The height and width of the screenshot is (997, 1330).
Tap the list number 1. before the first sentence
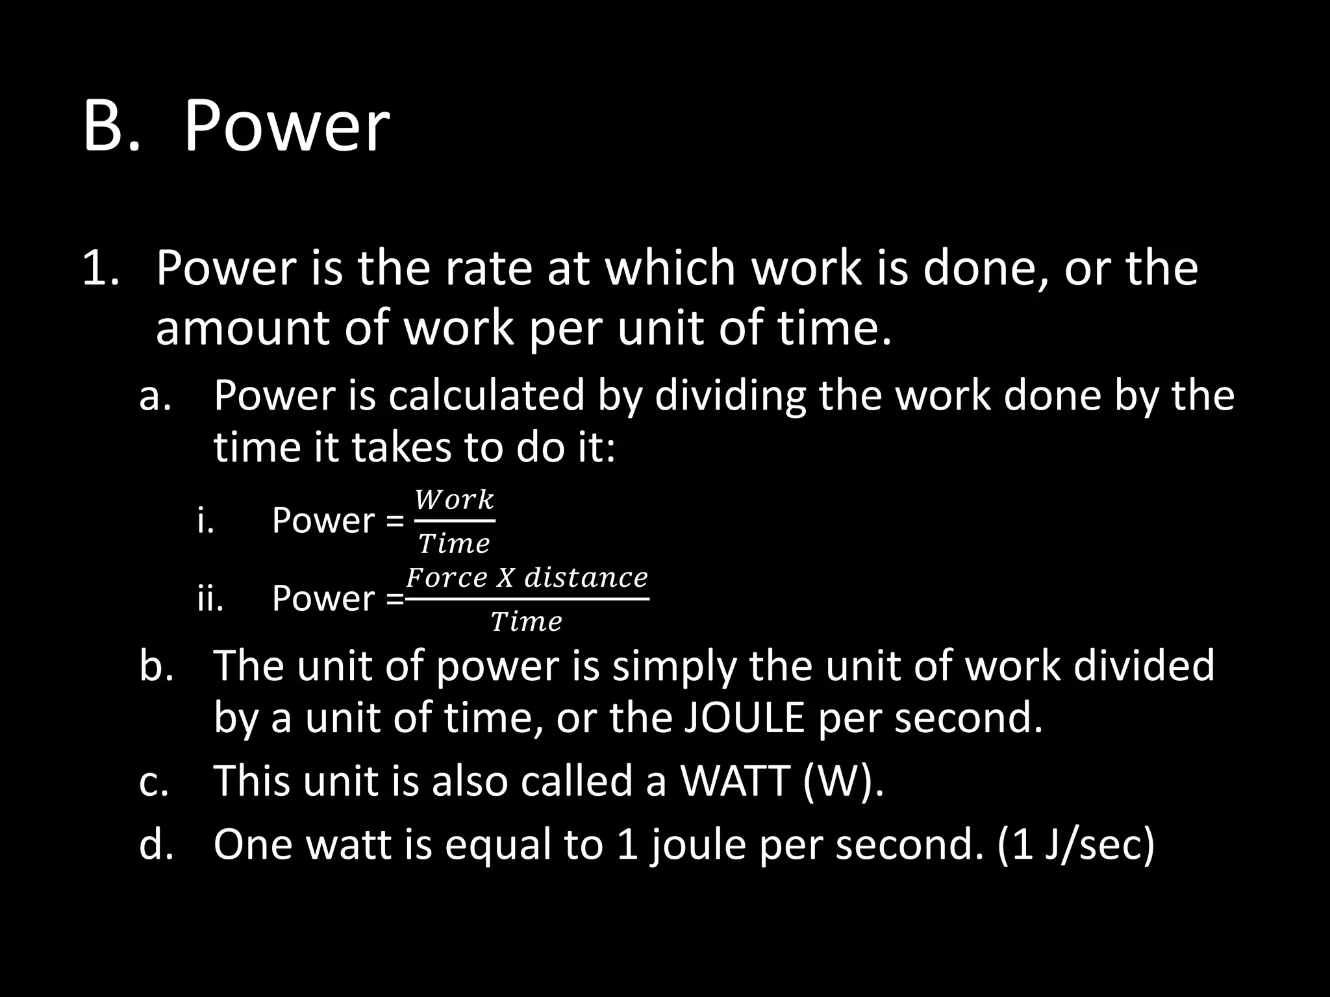[x=101, y=268]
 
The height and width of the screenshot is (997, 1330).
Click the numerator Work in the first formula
[x=455, y=500]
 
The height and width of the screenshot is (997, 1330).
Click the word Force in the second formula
[x=446, y=578]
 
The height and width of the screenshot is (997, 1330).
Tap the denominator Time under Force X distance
[x=526, y=622]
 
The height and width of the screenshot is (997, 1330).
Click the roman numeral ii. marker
[x=210, y=598]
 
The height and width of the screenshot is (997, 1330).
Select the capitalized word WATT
[x=734, y=780]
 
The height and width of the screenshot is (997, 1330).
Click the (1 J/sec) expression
[x=1075, y=844]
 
